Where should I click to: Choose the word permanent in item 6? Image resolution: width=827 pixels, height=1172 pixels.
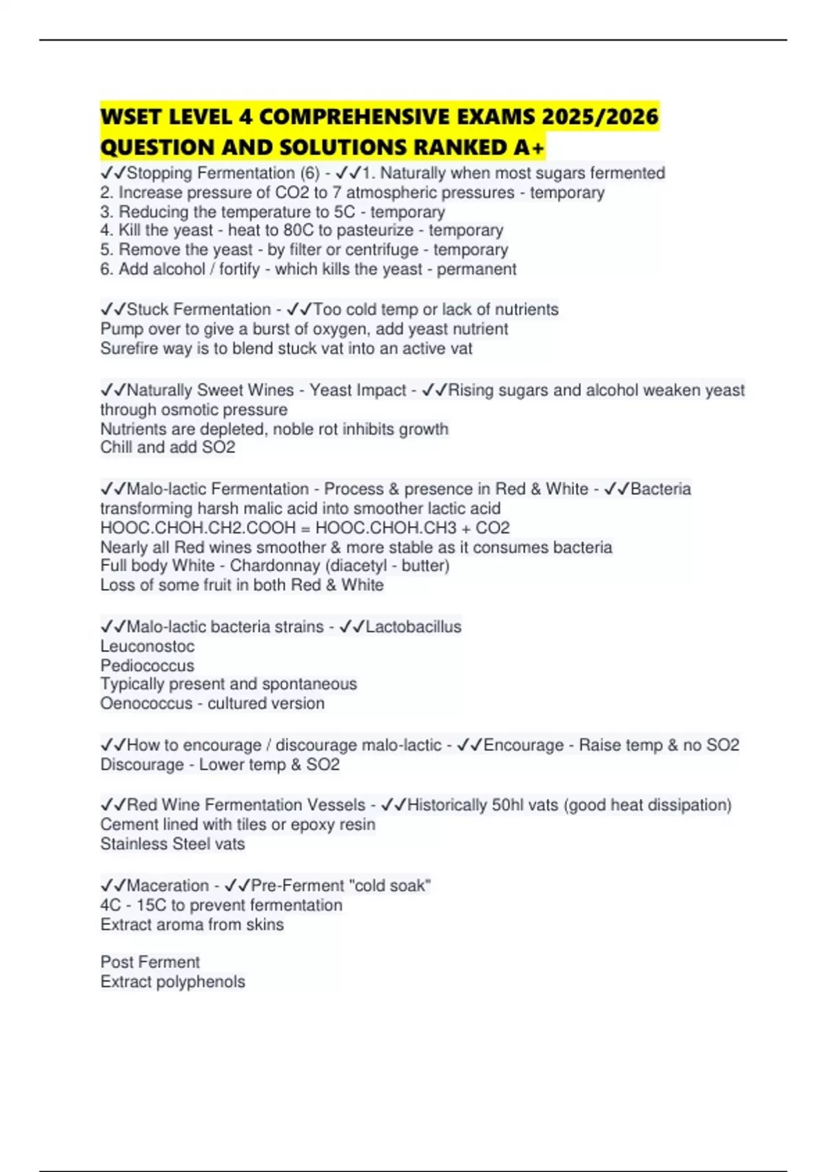tap(476, 269)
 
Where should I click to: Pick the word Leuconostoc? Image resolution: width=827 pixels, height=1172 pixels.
tap(147, 647)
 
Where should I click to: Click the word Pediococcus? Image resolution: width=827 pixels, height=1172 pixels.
tap(147, 666)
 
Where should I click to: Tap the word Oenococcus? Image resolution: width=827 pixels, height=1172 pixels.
tap(146, 704)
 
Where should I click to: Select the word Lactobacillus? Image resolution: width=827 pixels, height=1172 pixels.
tap(413, 627)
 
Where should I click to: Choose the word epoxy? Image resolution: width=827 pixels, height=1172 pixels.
tap(313, 825)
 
